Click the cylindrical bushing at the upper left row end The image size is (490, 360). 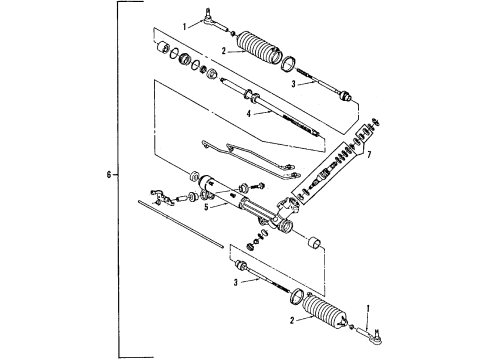click(159, 48)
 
